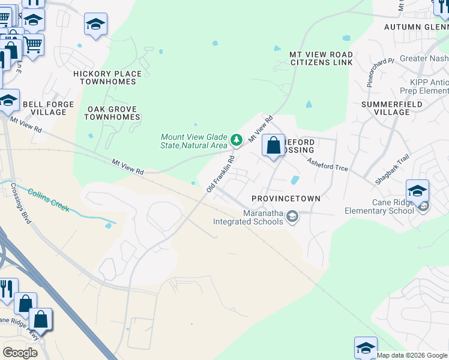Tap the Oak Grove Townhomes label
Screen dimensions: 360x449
[112, 113]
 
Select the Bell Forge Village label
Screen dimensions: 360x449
[49, 108]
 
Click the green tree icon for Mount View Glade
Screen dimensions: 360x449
[237, 140]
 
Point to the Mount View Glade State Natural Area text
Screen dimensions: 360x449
[194, 141]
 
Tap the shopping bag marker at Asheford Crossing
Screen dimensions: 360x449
[273, 145]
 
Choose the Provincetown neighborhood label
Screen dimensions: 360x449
[286, 199]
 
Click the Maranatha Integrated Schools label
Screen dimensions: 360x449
[248, 217]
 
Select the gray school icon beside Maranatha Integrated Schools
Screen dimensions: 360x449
[292, 216]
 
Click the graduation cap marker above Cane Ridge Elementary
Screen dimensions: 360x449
[417, 191]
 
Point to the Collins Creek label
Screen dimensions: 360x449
[48, 200]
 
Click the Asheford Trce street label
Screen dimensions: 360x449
[327, 164]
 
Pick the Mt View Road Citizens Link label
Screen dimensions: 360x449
[321, 59]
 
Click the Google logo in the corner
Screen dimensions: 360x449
[20, 352]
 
